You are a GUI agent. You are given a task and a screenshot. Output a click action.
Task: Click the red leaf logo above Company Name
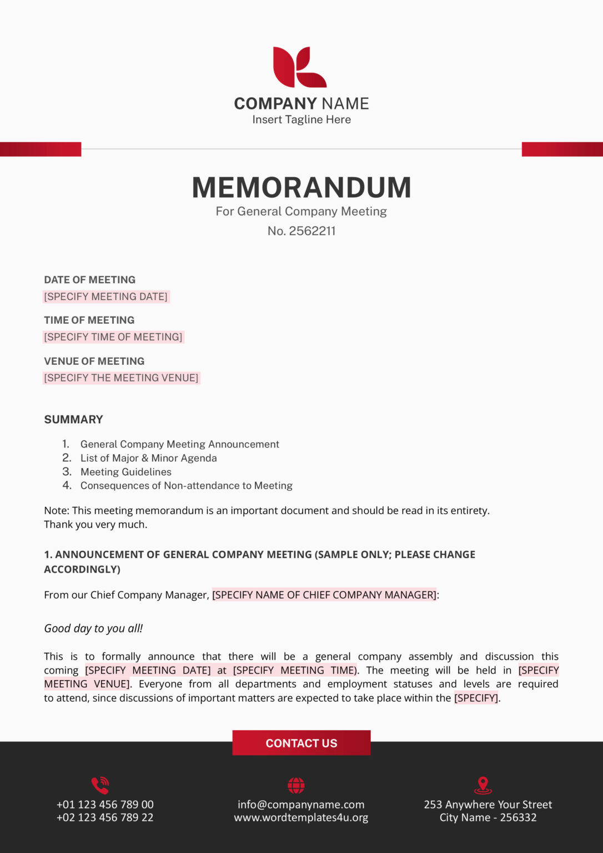tap(299, 67)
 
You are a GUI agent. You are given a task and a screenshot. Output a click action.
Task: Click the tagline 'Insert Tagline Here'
tap(301, 119)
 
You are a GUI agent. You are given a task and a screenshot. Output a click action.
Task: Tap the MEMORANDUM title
tap(301, 188)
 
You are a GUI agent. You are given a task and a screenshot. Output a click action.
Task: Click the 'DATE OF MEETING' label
tap(90, 280)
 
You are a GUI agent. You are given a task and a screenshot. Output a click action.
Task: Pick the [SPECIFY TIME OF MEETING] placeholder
tap(113, 337)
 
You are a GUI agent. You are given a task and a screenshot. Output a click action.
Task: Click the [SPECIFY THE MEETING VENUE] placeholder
tap(121, 378)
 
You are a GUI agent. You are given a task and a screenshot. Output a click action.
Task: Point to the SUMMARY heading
tap(74, 420)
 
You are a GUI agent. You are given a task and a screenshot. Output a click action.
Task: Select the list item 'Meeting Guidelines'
tap(126, 472)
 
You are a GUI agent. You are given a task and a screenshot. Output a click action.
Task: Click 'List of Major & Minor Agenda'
tap(149, 458)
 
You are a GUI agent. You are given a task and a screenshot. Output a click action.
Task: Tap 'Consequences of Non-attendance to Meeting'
tap(187, 486)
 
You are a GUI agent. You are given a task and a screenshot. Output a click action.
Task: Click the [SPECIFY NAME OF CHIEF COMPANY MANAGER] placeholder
tap(324, 595)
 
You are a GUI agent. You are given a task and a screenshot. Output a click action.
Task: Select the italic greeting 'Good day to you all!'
tap(93, 629)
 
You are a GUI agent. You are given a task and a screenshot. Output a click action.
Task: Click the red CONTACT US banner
tap(301, 743)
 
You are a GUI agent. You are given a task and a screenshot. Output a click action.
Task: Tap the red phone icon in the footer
tap(100, 785)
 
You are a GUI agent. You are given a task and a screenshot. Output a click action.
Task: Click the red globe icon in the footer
tap(296, 785)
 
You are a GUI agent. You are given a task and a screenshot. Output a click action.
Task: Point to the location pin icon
tap(483, 785)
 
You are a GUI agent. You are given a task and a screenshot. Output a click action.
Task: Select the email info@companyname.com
tap(301, 805)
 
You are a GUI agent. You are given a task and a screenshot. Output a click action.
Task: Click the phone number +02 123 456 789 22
tap(105, 817)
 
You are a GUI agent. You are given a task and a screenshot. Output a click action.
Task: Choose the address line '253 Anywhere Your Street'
tap(488, 805)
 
